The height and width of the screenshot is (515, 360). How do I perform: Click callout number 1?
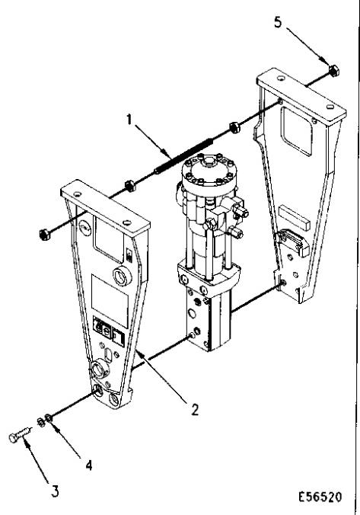129,119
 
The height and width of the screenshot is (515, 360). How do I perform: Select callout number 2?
195,410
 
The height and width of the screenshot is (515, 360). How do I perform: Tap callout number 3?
55,491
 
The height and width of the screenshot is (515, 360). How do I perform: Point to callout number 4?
88,465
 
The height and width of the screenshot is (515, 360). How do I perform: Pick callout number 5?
278,22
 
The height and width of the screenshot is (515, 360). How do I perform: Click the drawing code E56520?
320,497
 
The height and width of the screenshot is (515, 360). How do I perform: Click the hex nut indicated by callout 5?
334,71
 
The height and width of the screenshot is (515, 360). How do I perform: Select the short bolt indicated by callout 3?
20,434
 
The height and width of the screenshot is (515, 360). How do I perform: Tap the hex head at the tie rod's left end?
44,235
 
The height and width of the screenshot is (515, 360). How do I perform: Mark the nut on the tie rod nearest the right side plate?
234,127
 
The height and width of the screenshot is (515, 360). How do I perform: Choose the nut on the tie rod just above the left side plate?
129,186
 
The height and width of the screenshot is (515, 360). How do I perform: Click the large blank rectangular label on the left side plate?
110,301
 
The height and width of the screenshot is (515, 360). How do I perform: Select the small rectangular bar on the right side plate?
295,217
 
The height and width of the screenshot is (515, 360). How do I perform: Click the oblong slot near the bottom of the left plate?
108,355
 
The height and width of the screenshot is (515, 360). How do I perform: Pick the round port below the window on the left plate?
123,277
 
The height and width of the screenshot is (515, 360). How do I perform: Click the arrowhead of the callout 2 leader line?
139,353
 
